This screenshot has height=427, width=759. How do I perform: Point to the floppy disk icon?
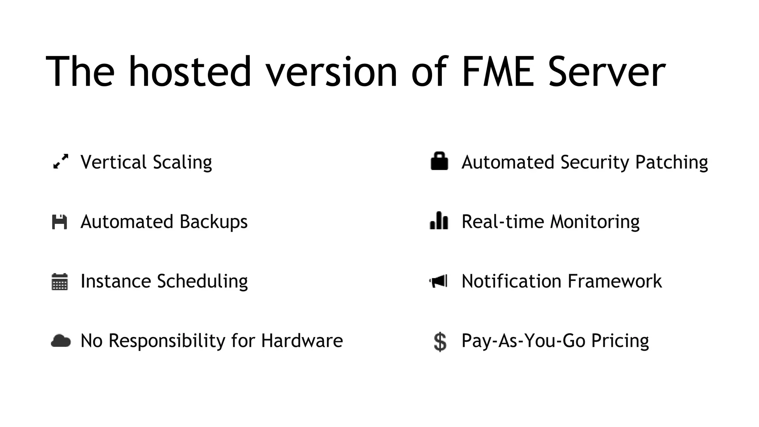(x=59, y=222)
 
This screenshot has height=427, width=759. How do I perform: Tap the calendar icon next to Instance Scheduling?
(x=59, y=282)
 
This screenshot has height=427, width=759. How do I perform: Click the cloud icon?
(x=60, y=341)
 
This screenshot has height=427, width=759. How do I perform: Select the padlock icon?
(x=439, y=161)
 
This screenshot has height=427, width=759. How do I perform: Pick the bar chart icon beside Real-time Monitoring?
(x=439, y=221)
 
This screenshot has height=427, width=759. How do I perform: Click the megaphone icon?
(x=438, y=281)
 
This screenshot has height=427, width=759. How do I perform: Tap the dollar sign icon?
(x=440, y=341)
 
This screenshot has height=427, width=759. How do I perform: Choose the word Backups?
(x=213, y=222)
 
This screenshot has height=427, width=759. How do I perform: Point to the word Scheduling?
(x=202, y=282)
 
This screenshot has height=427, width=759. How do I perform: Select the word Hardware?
(x=302, y=341)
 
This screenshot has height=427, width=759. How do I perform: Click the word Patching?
(x=671, y=163)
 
